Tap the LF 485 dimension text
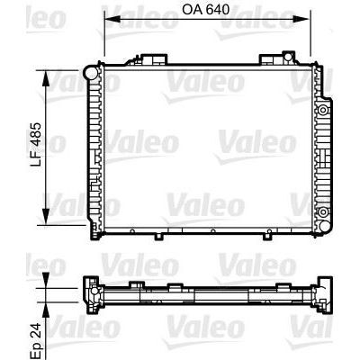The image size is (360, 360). coord(35,143)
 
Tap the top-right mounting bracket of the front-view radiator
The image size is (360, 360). coord(273,60)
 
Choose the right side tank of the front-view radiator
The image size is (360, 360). coord(322,148)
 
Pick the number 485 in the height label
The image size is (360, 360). coord(35,131)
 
